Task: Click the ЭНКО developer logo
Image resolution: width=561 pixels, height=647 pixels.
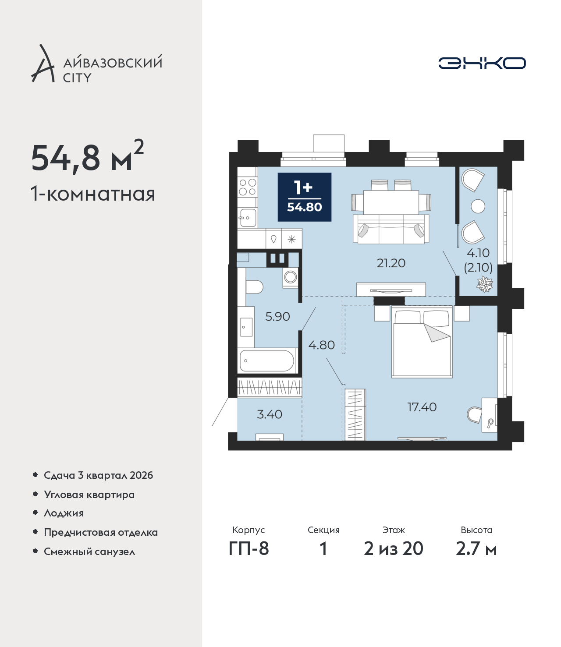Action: (482, 63)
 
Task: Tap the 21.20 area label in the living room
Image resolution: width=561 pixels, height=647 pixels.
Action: (391, 263)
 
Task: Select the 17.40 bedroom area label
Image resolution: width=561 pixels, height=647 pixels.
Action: (422, 407)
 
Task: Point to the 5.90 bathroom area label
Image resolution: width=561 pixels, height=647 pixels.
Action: (277, 316)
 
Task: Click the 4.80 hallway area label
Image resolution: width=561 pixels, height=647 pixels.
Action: (321, 345)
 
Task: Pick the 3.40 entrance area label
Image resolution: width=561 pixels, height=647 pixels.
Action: (270, 414)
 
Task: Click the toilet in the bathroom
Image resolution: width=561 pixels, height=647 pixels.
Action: (254, 287)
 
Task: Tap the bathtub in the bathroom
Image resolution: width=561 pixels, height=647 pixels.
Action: (267, 361)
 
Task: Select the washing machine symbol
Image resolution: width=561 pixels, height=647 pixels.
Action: (291, 277)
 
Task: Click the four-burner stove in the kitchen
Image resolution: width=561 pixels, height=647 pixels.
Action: (248, 187)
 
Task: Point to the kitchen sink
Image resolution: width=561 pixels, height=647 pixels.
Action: (248, 217)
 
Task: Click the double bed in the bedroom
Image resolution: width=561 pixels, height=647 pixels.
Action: (422, 342)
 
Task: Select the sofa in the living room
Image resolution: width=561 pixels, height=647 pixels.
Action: (391, 229)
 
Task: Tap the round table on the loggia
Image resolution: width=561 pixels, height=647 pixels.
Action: (478, 206)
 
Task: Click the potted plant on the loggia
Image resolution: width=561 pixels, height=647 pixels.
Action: (485, 284)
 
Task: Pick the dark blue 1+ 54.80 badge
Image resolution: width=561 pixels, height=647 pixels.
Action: (305, 197)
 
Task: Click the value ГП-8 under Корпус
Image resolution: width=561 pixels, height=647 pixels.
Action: (249, 549)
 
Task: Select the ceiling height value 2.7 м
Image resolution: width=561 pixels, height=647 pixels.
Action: (476, 549)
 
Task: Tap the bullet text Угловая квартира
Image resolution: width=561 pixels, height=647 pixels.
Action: (89, 495)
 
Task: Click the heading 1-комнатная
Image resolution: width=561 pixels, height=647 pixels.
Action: (93, 194)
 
